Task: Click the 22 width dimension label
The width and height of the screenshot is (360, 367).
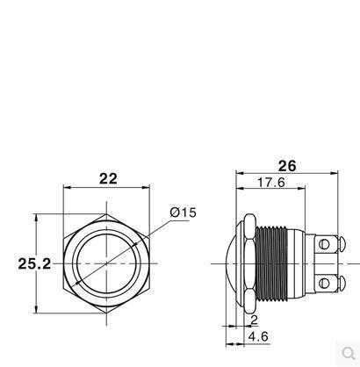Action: click(x=108, y=179)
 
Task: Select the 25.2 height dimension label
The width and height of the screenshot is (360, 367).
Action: click(x=34, y=263)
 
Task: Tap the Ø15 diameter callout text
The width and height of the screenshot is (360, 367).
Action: click(x=184, y=212)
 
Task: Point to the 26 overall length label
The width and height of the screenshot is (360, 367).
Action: click(x=287, y=166)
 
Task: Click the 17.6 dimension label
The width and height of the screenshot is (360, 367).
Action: click(x=271, y=183)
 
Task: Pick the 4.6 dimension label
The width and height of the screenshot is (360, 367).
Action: click(x=258, y=336)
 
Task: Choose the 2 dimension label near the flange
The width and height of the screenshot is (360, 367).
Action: click(x=254, y=320)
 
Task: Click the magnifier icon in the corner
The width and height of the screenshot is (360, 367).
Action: click(x=349, y=353)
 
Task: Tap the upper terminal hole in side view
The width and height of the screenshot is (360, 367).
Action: click(x=324, y=244)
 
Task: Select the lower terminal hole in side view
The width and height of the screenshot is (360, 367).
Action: click(x=324, y=283)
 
